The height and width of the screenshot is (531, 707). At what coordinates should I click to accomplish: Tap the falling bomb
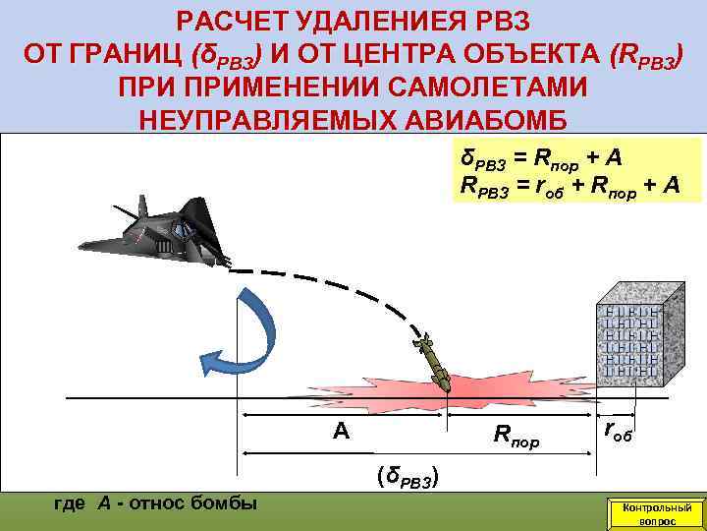tap(432, 365)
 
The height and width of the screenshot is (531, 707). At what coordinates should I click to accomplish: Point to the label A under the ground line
tap(341, 431)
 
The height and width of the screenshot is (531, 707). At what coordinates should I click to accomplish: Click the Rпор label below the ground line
tap(516, 434)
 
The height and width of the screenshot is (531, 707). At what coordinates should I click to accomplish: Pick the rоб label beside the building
tap(618, 429)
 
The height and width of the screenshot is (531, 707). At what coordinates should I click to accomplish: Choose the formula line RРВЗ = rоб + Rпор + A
tap(570, 185)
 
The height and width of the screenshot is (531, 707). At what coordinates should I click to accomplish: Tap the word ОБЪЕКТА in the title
tap(533, 53)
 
